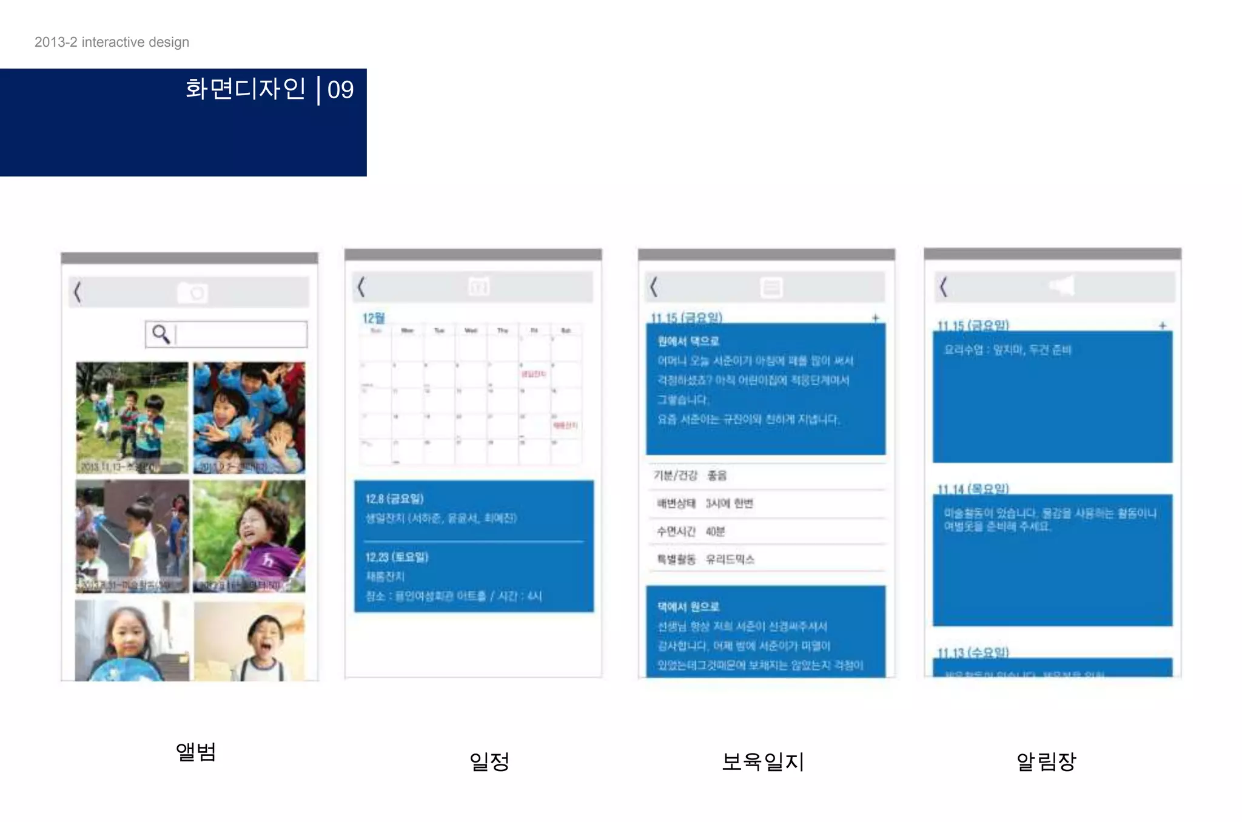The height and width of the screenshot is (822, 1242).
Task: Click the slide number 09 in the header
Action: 340,90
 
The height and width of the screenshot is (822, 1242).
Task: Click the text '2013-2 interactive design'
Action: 112,42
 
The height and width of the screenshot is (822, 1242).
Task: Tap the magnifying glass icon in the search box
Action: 161,334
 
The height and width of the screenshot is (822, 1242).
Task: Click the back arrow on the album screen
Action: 78,292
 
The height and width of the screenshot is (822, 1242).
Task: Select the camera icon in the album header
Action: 192,292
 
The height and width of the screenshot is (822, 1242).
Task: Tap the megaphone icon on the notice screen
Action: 1062,286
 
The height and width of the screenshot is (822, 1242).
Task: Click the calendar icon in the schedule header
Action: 478,286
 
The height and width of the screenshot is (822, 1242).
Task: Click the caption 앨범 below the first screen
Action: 196,752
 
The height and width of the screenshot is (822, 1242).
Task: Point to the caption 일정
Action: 489,761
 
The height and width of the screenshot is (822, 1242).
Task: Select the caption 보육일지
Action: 762,761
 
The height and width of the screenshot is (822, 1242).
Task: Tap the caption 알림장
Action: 1046,761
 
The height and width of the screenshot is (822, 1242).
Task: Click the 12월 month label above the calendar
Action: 374,318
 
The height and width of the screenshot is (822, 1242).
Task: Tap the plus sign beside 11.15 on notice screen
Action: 1163,326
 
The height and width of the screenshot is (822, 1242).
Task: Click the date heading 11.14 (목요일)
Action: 973,489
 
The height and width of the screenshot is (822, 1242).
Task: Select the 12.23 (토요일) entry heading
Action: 397,557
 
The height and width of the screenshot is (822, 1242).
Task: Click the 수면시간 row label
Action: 676,531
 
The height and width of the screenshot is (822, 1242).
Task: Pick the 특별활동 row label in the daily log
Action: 676,559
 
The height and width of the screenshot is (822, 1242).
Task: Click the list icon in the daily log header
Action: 771,287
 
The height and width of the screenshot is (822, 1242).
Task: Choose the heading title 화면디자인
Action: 246,89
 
